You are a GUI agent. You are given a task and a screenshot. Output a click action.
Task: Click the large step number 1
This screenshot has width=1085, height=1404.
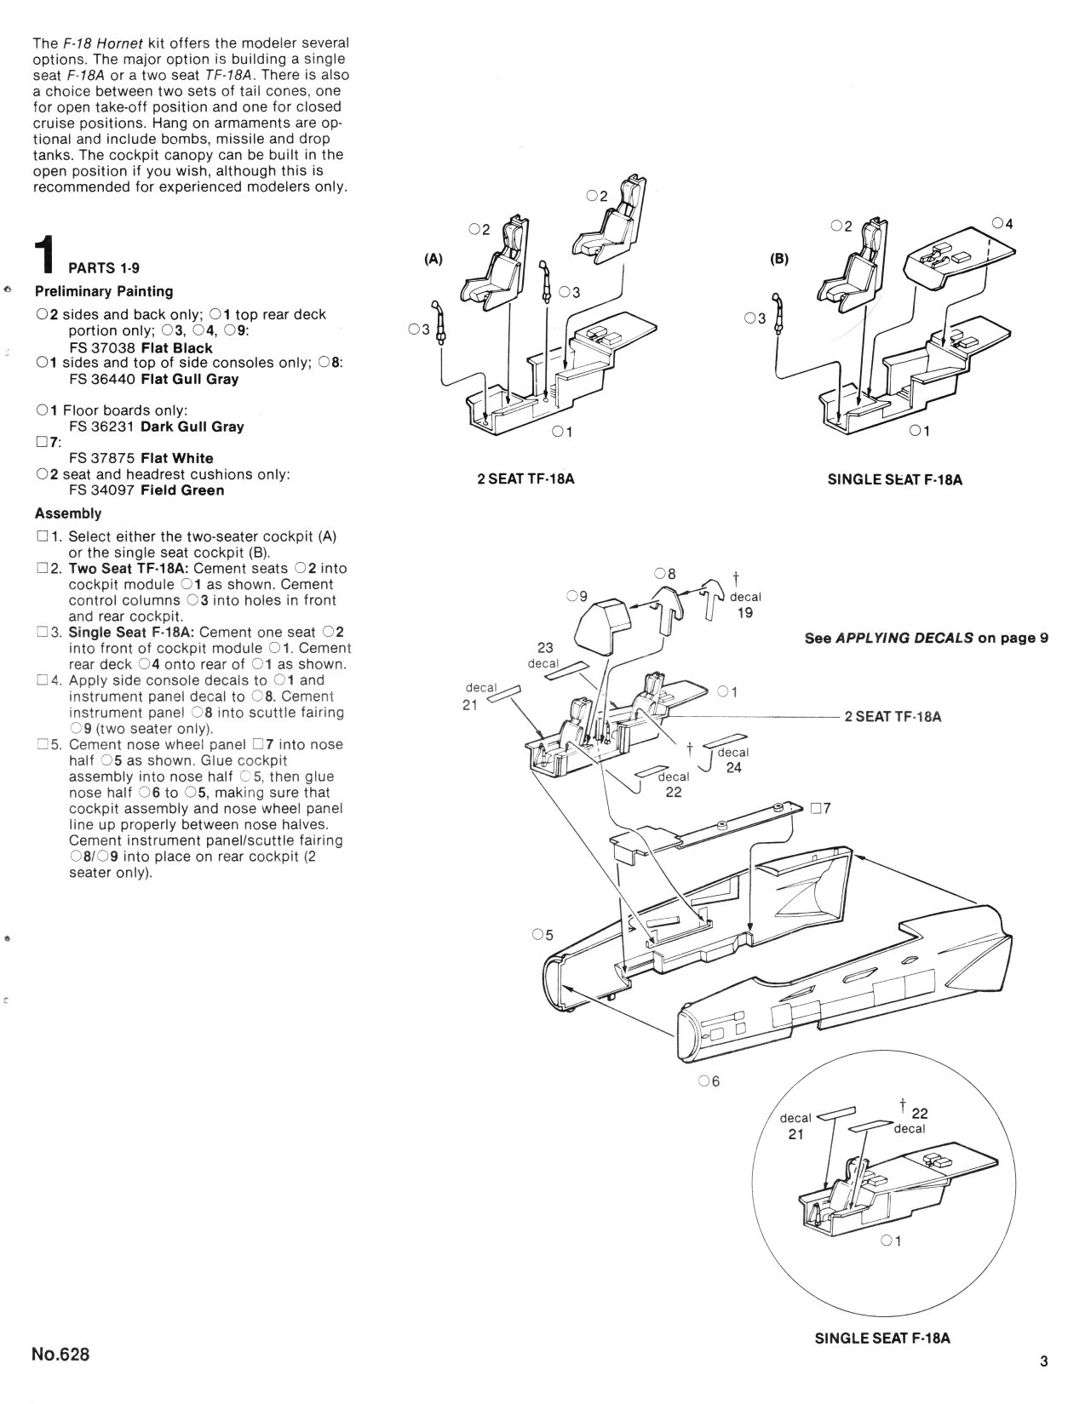click(x=46, y=255)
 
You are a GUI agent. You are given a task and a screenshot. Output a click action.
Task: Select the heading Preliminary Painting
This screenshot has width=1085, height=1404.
click(x=104, y=291)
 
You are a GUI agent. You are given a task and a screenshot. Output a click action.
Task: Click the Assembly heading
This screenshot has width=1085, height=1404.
click(x=68, y=513)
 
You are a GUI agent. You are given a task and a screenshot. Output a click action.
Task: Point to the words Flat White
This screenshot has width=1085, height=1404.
click(x=176, y=458)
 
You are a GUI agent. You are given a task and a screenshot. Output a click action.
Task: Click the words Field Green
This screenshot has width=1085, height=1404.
click(x=182, y=490)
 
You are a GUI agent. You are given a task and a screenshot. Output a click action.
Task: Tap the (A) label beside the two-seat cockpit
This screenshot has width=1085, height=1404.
click(x=433, y=259)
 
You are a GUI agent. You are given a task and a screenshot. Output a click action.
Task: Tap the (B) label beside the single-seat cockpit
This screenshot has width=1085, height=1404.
click(x=779, y=259)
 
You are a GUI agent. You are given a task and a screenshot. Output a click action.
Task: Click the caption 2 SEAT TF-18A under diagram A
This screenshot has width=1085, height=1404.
click(x=526, y=479)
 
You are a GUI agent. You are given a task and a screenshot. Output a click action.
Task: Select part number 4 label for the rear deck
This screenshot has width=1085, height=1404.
click(x=1003, y=224)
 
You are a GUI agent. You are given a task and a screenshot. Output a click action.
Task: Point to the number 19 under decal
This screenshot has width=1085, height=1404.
click(x=745, y=612)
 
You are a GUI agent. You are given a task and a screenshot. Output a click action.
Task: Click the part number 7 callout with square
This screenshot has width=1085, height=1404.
click(x=821, y=808)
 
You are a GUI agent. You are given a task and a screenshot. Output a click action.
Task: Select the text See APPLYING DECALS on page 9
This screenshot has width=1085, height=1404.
click(x=926, y=639)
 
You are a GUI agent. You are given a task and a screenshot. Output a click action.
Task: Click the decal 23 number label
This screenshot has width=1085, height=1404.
click(x=545, y=648)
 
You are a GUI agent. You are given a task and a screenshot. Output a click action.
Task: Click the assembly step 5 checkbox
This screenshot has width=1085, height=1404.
click(x=43, y=745)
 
